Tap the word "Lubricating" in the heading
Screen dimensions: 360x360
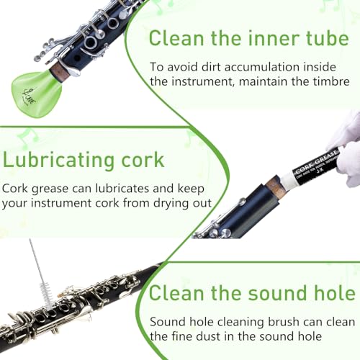coord(58,160)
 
